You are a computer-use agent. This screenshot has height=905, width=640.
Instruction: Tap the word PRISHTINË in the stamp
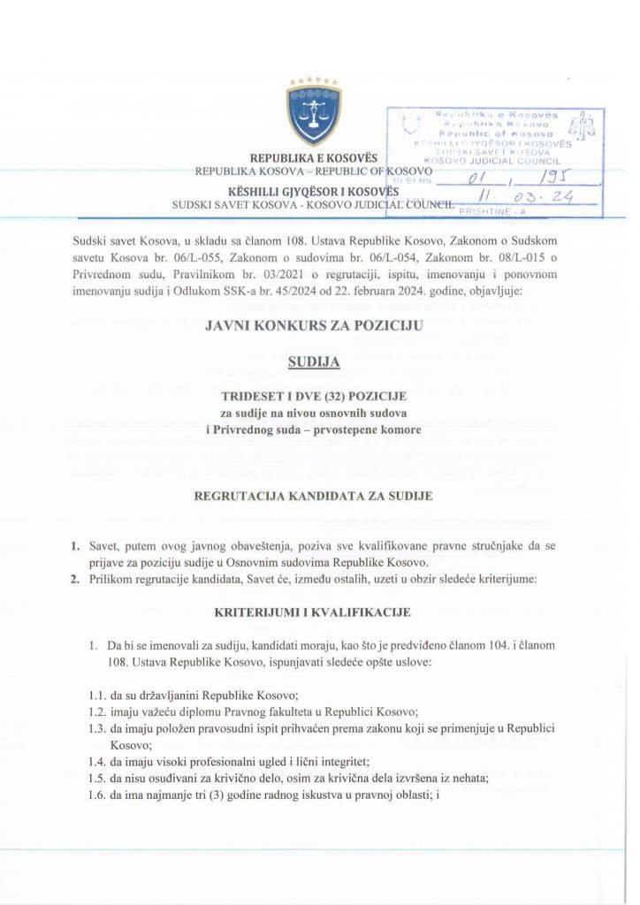tap(487, 212)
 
